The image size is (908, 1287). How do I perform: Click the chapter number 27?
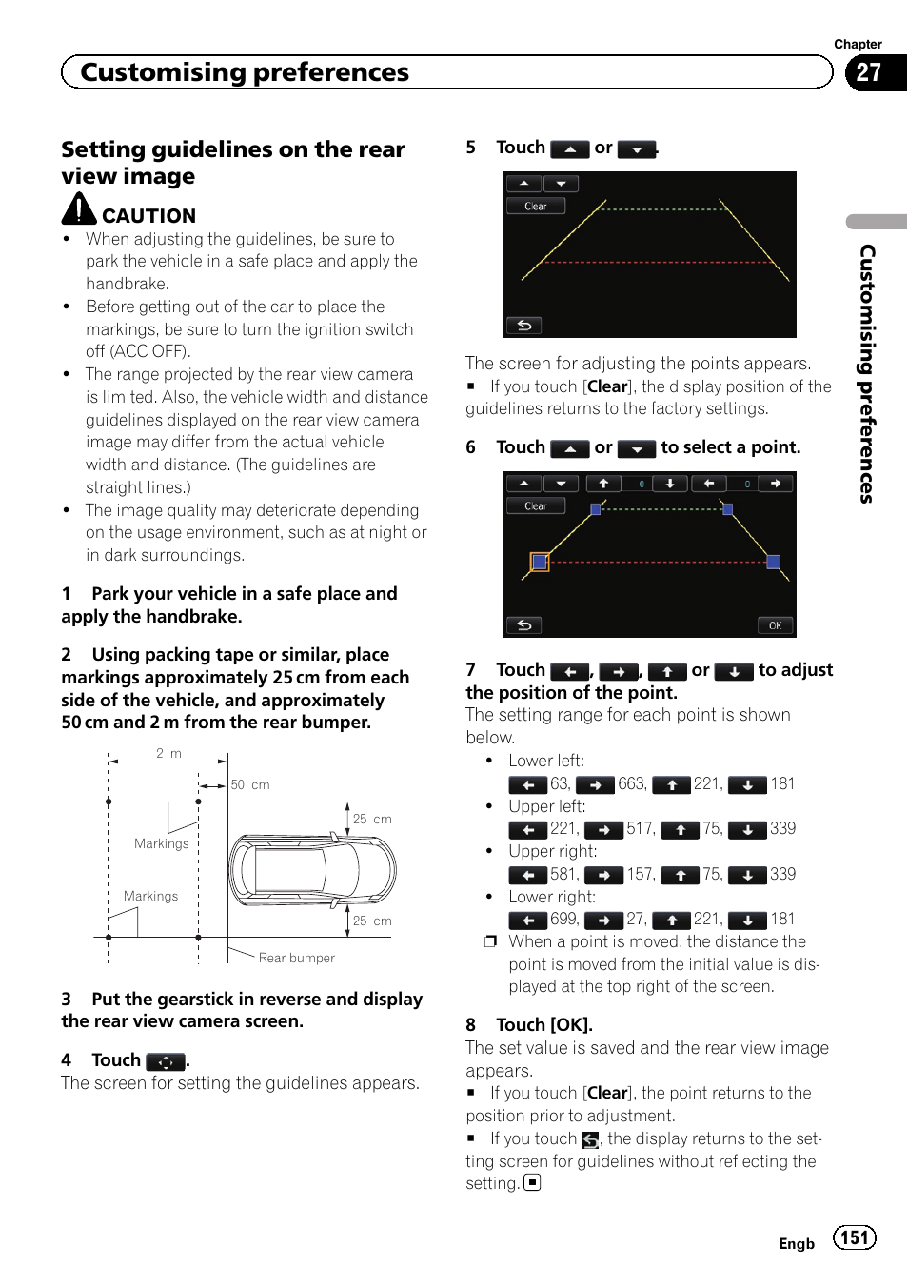(868, 72)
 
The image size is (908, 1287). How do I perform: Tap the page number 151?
(854, 1237)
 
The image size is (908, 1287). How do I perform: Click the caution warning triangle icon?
(79, 209)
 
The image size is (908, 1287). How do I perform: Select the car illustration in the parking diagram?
(312, 869)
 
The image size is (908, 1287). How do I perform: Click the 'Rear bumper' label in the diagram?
(296, 958)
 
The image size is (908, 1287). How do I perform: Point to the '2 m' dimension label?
(168, 753)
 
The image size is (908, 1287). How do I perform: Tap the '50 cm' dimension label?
(250, 784)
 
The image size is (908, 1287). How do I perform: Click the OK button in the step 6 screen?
(775, 625)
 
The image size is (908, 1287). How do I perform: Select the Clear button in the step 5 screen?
(536, 206)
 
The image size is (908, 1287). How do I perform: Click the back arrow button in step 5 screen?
(523, 326)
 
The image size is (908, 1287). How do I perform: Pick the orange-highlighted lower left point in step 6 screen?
(540, 562)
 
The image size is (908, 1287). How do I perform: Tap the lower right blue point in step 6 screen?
(773, 562)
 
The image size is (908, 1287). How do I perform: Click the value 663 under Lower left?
(632, 783)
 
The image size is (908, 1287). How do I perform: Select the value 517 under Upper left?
(640, 828)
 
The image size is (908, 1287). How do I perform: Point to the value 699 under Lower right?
(563, 919)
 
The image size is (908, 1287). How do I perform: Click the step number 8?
(470, 1024)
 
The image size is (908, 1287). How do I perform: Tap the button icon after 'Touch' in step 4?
(165, 1061)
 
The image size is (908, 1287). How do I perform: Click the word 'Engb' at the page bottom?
(796, 1243)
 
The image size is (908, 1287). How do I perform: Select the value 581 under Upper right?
(563, 874)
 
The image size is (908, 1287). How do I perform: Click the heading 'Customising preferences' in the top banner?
(245, 72)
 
